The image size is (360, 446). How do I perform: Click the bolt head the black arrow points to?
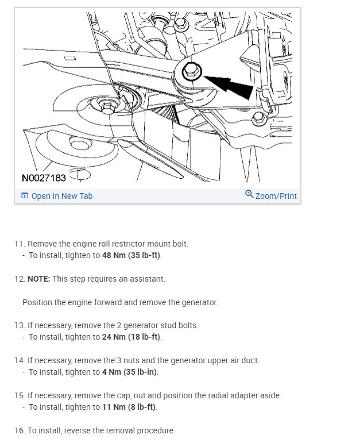click(x=190, y=72)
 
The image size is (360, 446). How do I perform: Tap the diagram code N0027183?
click(x=44, y=178)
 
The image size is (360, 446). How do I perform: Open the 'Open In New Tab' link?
click(x=61, y=196)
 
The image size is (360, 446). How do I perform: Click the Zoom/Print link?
click(x=276, y=196)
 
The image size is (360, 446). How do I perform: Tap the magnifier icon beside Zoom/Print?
click(x=249, y=194)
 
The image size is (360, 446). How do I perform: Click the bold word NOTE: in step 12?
click(x=39, y=279)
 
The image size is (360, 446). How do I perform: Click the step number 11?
click(x=19, y=244)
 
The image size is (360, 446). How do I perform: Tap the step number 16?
click(x=19, y=430)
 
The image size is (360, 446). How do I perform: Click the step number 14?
click(x=19, y=360)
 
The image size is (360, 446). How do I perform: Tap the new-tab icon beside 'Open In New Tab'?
click(x=25, y=196)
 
